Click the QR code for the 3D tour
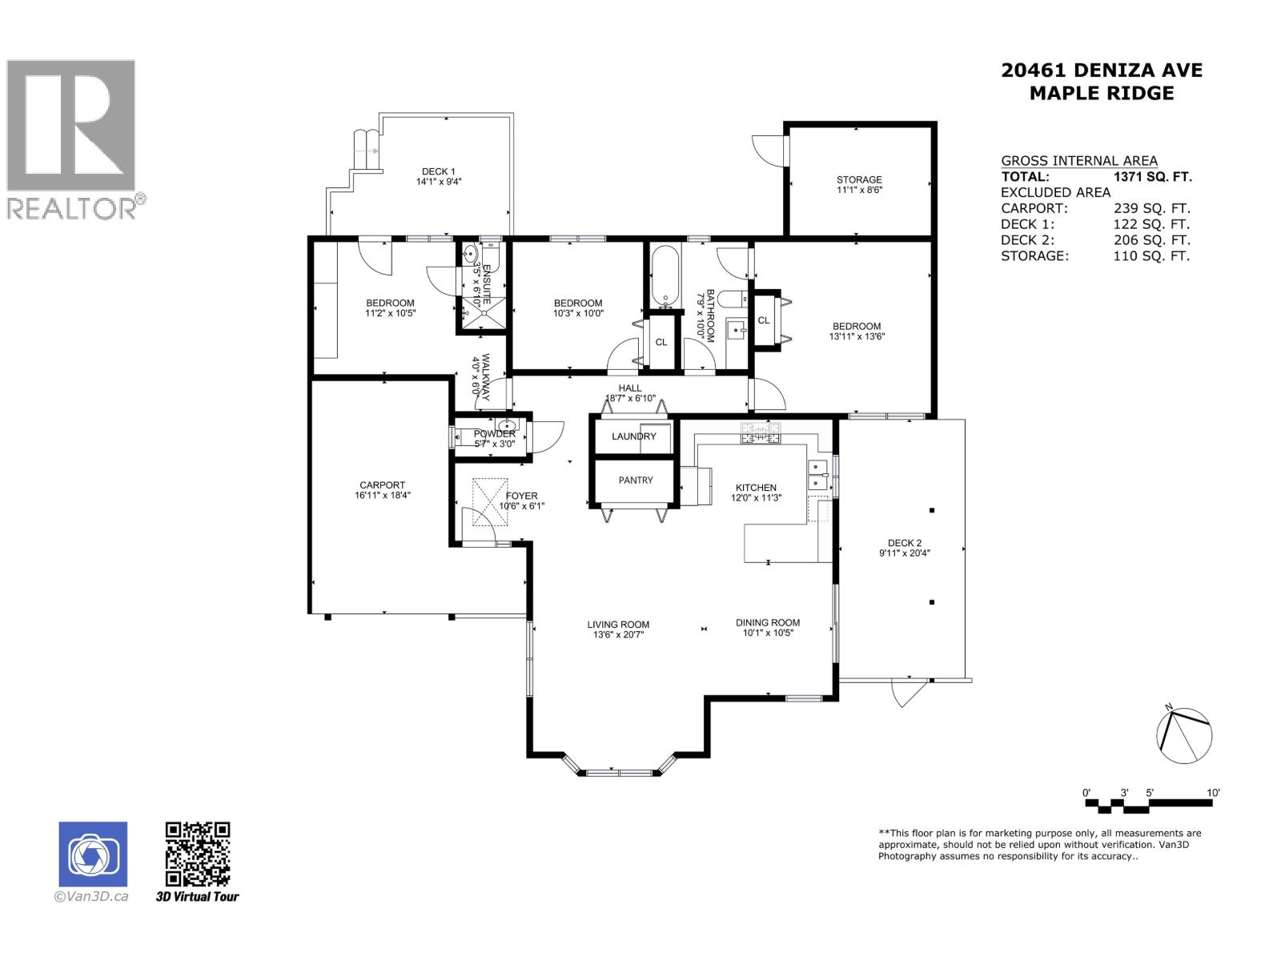(x=197, y=854)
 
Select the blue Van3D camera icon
(x=93, y=854)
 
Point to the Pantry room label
(x=636, y=480)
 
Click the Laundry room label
(x=633, y=436)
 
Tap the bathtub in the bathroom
(x=665, y=276)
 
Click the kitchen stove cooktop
(x=760, y=433)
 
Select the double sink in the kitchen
(x=817, y=474)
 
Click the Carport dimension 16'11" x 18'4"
(x=382, y=496)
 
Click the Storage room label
(x=859, y=179)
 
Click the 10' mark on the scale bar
(x=1213, y=793)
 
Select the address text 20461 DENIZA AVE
(x=1101, y=70)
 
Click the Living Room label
(x=618, y=625)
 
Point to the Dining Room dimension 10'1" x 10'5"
(x=768, y=633)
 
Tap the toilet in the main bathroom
(x=733, y=300)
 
